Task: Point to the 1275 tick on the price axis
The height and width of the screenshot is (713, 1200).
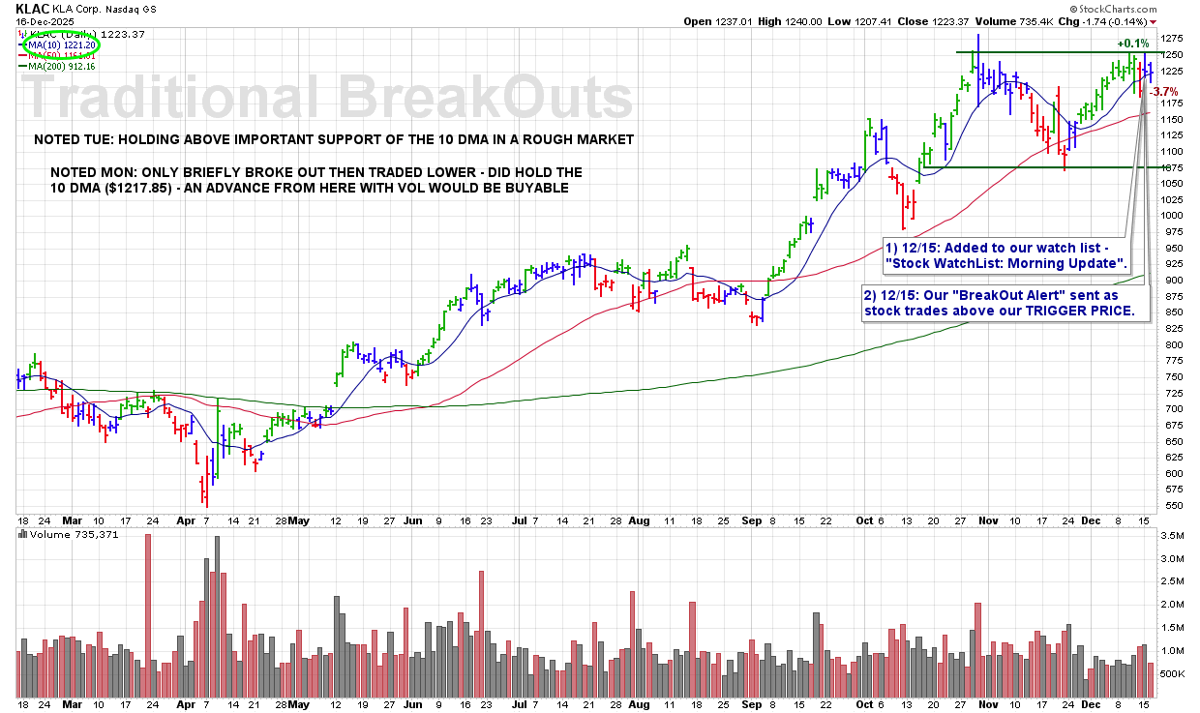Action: [1173, 39]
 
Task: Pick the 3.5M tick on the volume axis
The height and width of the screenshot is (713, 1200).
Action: [1171, 535]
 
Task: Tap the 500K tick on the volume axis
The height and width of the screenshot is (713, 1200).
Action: [1173, 673]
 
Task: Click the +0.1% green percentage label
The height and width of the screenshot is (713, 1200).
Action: [1133, 44]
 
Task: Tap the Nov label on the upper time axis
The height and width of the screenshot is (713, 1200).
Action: [989, 520]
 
